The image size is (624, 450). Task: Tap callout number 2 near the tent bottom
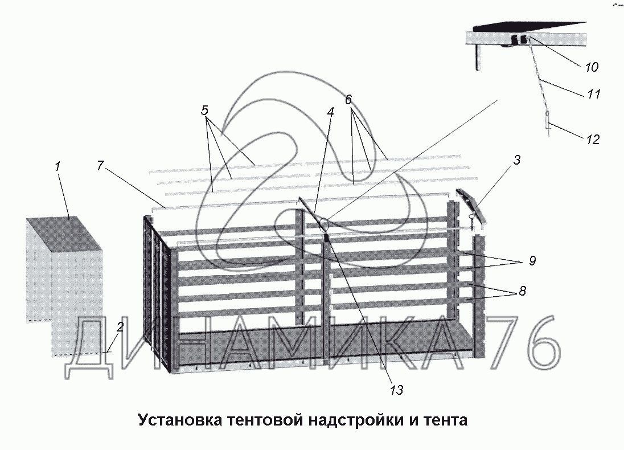[120, 328]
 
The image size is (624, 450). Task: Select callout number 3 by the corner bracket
[516, 161]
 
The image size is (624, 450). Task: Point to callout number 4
[330, 113]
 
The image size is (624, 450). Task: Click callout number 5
[205, 111]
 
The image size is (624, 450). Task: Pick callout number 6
[348, 99]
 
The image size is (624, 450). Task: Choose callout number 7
[100, 166]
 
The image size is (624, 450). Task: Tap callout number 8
[522, 291]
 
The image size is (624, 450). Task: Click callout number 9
[532, 261]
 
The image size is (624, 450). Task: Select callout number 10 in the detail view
[592, 67]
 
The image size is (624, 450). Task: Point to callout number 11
[594, 94]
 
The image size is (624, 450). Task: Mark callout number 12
[593, 139]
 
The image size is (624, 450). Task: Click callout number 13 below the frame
[396, 390]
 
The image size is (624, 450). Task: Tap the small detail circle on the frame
[325, 223]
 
